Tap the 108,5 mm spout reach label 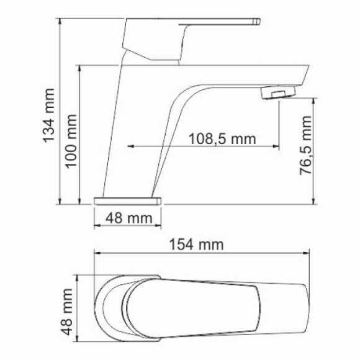click(x=222, y=138)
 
